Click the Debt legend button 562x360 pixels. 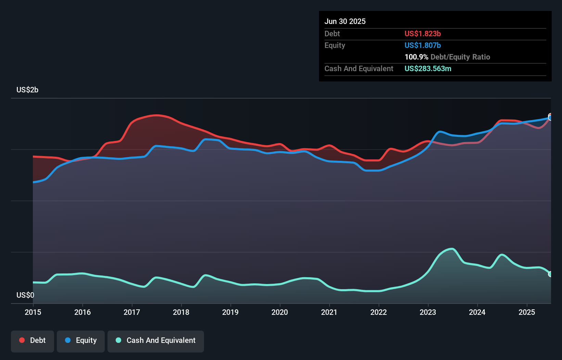pos(33,341)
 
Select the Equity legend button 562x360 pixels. pos(81,341)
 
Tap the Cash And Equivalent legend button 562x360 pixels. pos(156,341)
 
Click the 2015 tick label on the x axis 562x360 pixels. pos(33,312)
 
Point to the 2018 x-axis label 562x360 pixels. pos(181,312)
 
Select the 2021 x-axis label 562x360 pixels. pos(329,312)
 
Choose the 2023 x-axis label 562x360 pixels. pos(428,312)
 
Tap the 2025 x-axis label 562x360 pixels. pos(526,312)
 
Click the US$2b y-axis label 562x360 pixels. pos(27,90)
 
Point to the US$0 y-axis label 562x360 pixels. pos(25,295)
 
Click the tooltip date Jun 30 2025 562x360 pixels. pos(345,21)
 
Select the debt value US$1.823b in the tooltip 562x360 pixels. pos(422,34)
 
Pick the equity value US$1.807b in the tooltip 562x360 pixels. pos(422,45)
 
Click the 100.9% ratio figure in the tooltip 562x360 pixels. pos(416,57)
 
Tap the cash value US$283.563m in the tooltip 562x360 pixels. pos(428,68)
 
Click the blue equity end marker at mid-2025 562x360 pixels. pos(550,118)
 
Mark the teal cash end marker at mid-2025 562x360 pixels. pos(550,274)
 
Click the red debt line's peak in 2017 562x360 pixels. pos(156,115)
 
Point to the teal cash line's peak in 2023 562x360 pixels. pos(452,249)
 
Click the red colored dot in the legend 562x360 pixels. pos(22,340)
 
